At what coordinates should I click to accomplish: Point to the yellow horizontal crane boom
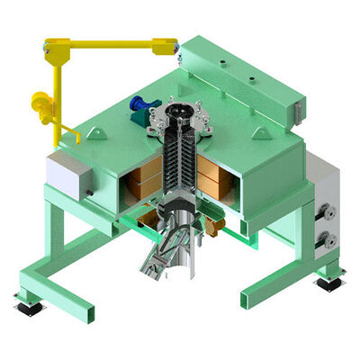[x=108, y=42]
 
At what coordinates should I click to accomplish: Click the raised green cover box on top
[x=234, y=81]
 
